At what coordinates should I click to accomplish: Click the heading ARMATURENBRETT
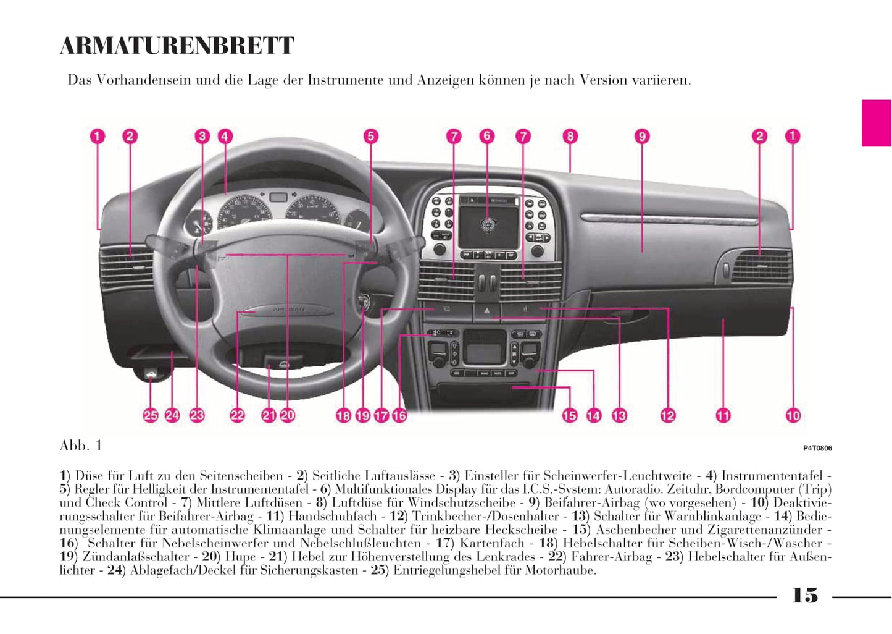coord(177,46)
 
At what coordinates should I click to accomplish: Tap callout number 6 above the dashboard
coord(487,136)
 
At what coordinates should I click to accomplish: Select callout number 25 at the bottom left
coord(151,415)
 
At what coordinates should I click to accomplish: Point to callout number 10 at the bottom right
coord(793,416)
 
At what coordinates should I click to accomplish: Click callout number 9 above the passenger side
coord(642,136)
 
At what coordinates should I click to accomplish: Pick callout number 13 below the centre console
coord(619,416)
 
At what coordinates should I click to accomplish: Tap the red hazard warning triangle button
coord(487,311)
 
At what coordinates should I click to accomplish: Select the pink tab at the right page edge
coord(876,123)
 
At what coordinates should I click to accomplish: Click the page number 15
coord(805,596)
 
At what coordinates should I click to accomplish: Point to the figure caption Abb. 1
coord(81,446)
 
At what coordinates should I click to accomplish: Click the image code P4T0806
coord(817,449)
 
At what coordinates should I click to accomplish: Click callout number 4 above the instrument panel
coord(225,136)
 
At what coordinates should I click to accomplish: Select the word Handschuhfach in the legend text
coord(333,516)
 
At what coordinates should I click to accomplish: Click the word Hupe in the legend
coord(240,557)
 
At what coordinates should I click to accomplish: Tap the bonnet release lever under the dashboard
coord(150,374)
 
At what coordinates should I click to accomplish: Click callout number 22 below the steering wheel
coord(237,415)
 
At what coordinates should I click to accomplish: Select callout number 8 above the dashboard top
coord(570,136)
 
